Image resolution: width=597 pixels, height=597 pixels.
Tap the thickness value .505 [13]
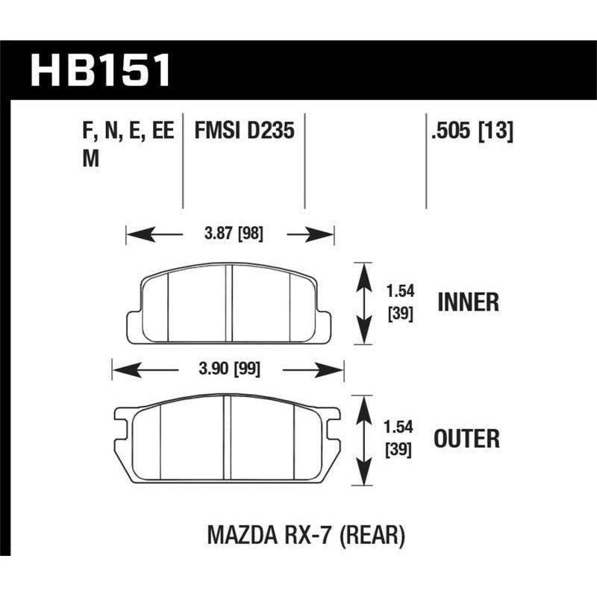(470, 132)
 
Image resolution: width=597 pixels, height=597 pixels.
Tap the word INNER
(468, 302)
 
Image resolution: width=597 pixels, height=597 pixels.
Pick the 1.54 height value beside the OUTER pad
(400, 429)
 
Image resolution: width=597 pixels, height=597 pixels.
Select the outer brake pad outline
(228, 440)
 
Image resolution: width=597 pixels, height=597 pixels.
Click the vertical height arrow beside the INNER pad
(363, 303)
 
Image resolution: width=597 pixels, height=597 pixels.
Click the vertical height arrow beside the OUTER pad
(363, 440)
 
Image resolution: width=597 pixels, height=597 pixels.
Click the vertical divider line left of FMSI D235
(184, 160)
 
